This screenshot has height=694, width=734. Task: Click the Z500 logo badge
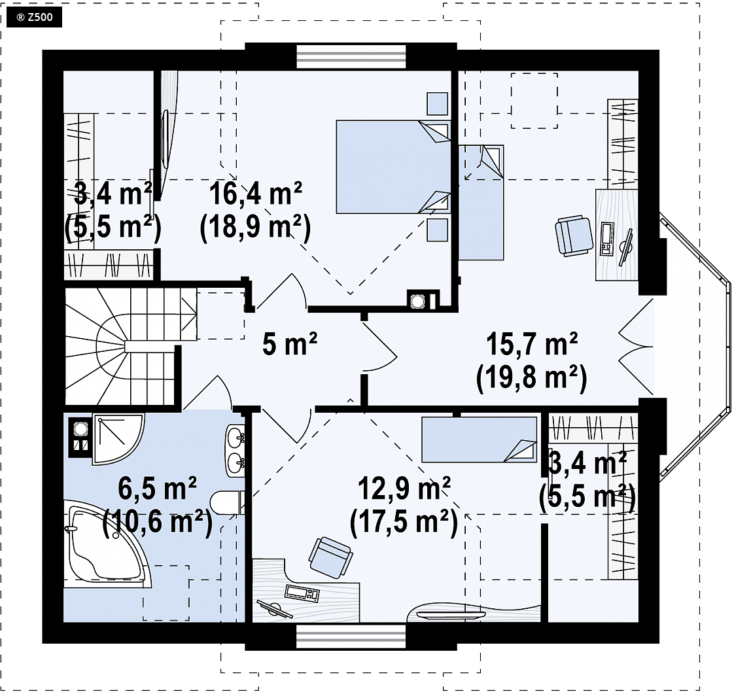coord(34,18)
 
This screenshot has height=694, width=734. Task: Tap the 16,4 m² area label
coord(255,194)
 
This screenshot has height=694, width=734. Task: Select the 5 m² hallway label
coord(290,345)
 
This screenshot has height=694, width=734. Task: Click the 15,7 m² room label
coord(532,345)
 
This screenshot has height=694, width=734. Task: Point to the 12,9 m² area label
coord(404,489)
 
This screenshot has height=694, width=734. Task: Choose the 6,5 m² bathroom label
coord(157,489)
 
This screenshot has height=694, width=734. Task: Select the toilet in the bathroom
coord(227,503)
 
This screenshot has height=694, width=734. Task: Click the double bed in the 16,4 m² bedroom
coord(393,167)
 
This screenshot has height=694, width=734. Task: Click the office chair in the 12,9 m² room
coord(330,557)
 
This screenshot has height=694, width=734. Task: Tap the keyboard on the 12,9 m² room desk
coord(302,593)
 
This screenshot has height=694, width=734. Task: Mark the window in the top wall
coord(351,56)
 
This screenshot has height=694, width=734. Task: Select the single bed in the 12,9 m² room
coord(480,440)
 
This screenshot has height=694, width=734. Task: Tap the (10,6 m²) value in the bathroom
coord(157,523)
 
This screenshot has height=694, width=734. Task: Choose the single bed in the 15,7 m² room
coord(481,202)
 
